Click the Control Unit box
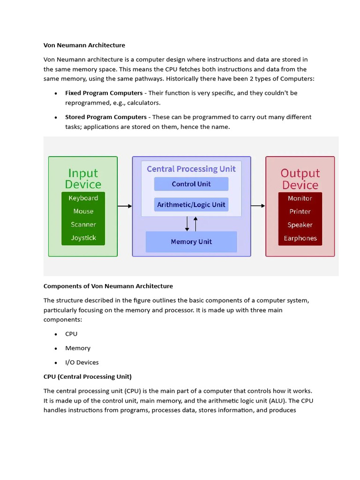pyautogui.click(x=191, y=184)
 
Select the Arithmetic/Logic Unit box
pyautogui.click(x=191, y=205)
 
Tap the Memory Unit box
pyautogui.click(x=191, y=242)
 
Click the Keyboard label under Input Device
pyautogui.click(x=83, y=198)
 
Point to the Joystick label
pyautogui.click(x=83, y=238)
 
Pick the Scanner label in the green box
pyautogui.click(x=83, y=225)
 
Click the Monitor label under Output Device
pyautogui.click(x=300, y=198)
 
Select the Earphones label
pyautogui.click(x=300, y=238)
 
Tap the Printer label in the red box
pyautogui.click(x=300, y=211)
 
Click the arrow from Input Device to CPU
pyautogui.click(x=125, y=206)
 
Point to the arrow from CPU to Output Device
pyautogui.click(x=258, y=206)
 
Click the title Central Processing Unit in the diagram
pyautogui.click(x=191, y=169)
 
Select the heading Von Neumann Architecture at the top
pyautogui.click(x=84, y=45)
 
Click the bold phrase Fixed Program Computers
pyautogui.click(x=104, y=93)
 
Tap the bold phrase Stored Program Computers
pyautogui.click(x=106, y=117)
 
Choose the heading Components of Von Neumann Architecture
pyautogui.click(x=108, y=286)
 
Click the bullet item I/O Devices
pyautogui.click(x=82, y=362)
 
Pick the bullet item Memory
pyautogui.click(x=78, y=348)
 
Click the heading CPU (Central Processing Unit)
pyautogui.click(x=88, y=376)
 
